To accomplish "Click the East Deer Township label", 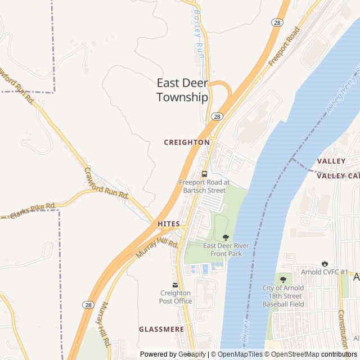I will [x=182, y=90].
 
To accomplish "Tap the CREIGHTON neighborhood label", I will [x=187, y=142].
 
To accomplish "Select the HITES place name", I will [x=169, y=224].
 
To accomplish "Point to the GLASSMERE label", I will [x=161, y=329].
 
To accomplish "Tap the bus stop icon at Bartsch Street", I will [x=204, y=173].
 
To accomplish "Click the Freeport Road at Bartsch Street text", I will [x=204, y=186].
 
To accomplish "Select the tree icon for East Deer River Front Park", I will [x=226, y=237].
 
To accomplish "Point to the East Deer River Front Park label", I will [x=226, y=250].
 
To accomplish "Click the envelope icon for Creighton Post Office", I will [x=175, y=285].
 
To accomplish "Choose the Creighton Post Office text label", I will [x=175, y=297].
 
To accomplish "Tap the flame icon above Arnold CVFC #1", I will [x=325, y=263].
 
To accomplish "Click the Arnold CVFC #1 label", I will [x=325, y=273].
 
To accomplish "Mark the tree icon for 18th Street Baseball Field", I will [x=283, y=279].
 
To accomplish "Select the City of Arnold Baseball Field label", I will [x=283, y=296].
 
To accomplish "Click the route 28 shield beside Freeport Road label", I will [x=276, y=22].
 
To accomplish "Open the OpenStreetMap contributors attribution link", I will [x=321, y=354].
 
